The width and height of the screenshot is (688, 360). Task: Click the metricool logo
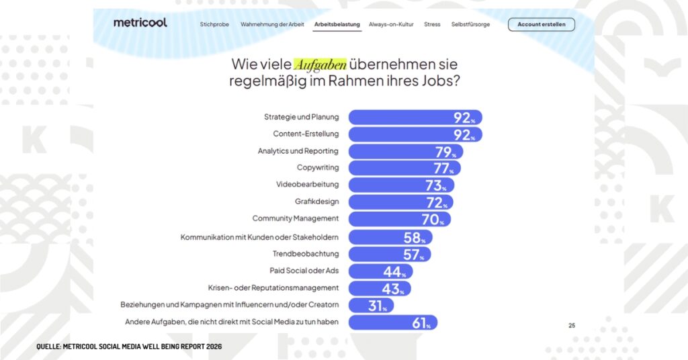click(x=140, y=23)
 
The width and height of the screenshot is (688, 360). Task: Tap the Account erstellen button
click(x=541, y=25)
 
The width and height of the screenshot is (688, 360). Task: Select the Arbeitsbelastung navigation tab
click(x=337, y=25)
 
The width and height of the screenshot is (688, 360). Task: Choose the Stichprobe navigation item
click(x=214, y=25)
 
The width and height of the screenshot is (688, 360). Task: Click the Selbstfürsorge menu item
click(x=470, y=25)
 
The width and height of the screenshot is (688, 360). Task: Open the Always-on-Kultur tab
click(x=391, y=25)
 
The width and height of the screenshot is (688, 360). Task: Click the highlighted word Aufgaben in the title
click(x=320, y=64)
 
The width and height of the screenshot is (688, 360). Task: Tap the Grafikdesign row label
click(x=316, y=201)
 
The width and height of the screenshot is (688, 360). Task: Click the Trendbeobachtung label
click(x=306, y=254)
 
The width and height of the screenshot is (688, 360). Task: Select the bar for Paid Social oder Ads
click(x=380, y=271)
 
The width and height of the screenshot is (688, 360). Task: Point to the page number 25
click(x=572, y=326)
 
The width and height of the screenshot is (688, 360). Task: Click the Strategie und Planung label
click(x=301, y=117)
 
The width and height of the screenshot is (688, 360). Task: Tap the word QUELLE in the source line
click(x=48, y=347)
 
